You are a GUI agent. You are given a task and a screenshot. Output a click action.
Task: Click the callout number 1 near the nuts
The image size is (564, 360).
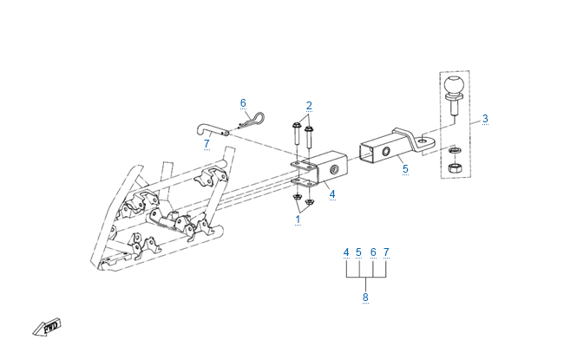(x=298, y=220)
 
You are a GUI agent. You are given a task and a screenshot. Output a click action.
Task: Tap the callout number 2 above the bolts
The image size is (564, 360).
(x=308, y=106)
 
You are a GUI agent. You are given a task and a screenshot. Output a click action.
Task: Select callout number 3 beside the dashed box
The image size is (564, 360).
(x=485, y=118)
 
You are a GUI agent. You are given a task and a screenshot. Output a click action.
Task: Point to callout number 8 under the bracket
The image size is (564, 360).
(x=365, y=298)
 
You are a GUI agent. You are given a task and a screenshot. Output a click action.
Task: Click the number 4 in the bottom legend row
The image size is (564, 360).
(x=345, y=252)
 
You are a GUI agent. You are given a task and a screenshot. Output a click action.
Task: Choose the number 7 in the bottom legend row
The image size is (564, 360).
(x=386, y=252)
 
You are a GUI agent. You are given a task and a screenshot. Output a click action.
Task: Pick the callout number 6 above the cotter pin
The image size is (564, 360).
(x=244, y=103)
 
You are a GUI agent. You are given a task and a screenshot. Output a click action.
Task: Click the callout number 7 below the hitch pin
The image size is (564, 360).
(x=207, y=144)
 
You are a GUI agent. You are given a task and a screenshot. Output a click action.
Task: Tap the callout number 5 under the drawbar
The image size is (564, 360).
(x=404, y=170)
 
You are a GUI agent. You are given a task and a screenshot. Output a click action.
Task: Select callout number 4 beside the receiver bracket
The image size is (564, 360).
(x=331, y=194)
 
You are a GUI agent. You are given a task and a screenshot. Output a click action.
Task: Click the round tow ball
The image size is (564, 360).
(x=454, y=87)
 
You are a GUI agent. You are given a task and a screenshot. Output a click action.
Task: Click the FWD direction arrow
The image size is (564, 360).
(x=44, y=327)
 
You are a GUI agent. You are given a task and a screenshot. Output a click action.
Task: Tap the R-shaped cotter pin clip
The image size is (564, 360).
(x=252, y=119)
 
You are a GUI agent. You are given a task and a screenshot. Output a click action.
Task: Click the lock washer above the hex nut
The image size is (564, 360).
(x=454, y=149)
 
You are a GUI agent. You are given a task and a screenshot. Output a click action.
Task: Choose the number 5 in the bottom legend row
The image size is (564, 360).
(x=358, y=252)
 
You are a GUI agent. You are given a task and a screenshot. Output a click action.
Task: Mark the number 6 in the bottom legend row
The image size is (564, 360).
(x=373, y=252)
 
